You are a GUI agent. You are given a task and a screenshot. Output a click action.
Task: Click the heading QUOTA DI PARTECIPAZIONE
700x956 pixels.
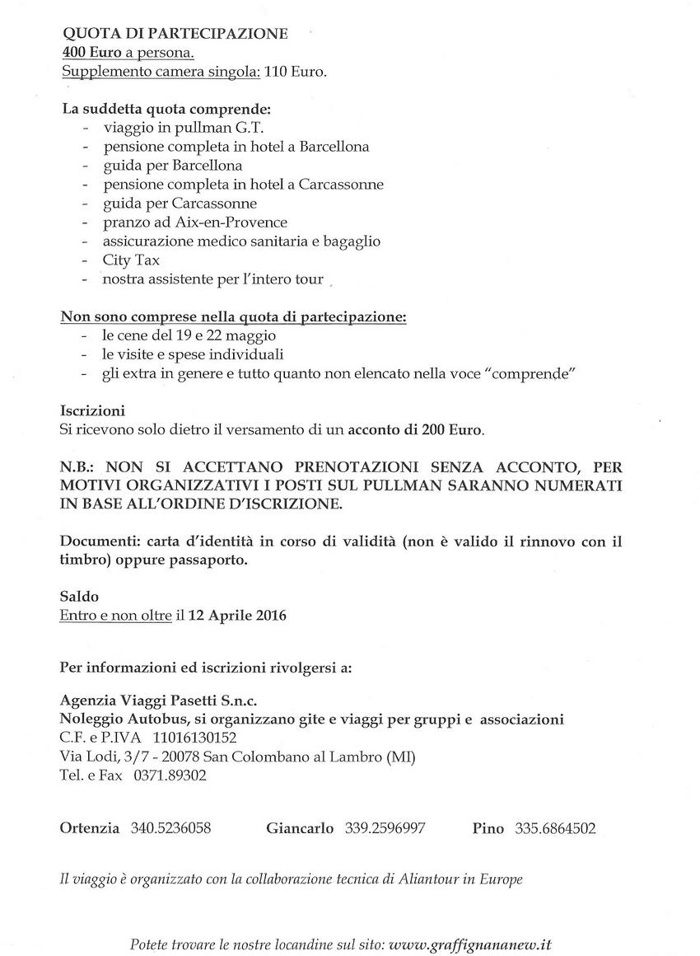[x=175, y=34]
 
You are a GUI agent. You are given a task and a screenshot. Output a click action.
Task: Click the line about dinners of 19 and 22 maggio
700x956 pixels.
[x=189, y=336]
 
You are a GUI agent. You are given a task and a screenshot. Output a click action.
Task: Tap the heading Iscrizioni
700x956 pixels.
[x=92, y=410]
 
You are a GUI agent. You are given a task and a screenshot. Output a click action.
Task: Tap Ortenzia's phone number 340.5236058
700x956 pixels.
[x=170, y=828]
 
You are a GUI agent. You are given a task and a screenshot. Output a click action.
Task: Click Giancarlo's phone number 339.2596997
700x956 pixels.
[x=385, y=828]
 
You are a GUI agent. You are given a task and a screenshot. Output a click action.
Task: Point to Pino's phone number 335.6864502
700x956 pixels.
[x=556, y=828]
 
